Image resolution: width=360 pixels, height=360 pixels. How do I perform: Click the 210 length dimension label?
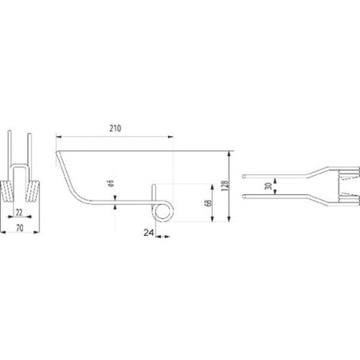click(115, 128)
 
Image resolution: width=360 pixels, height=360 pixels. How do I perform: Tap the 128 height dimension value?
click(225, 186)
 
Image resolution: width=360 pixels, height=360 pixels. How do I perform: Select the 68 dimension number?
click(209, 203)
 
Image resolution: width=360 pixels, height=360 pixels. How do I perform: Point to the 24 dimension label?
click(149, 233)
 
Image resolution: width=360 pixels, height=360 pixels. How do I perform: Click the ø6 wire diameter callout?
click(111, 183)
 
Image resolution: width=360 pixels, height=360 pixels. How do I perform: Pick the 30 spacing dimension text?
click(269, 186)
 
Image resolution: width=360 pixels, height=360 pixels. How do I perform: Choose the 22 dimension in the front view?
click(19, 213)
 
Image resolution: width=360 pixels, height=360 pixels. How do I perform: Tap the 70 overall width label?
click(20, 228)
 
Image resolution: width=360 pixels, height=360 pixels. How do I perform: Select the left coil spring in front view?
click(6, 191)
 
